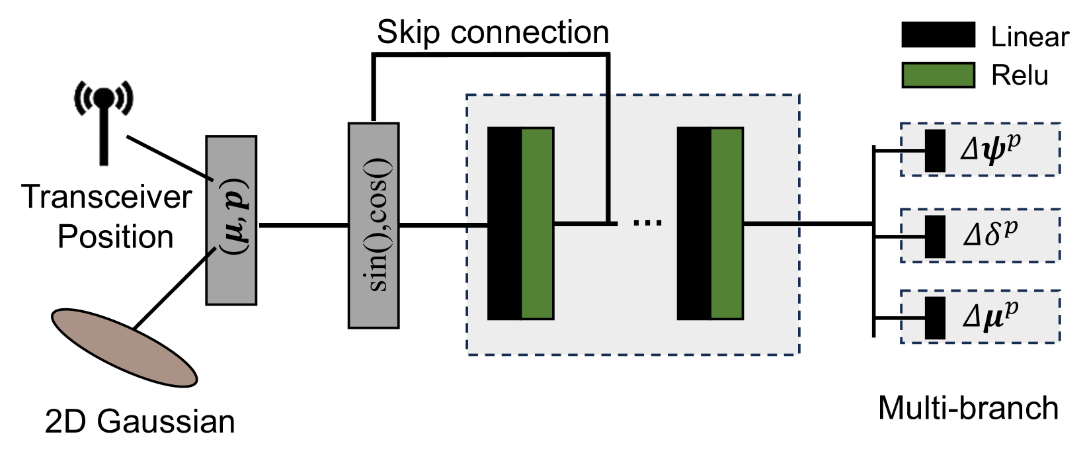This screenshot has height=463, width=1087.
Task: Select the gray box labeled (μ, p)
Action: pyautogui.click(x=231, y=220)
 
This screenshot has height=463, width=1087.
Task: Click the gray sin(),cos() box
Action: pyautogui.click(x=374, y=225)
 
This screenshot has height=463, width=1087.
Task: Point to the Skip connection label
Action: pyautogui.click(x=493, y=32)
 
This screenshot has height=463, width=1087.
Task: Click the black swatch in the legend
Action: pyautogui.click(x=938, y=34)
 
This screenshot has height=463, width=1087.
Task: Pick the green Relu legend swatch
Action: pyautogui.click(x=938, y=75)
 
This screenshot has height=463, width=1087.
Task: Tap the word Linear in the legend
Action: pyautogui.click(x=1029, y=37)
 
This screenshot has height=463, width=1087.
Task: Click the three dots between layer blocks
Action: pyautogui.click(x=647, y=222)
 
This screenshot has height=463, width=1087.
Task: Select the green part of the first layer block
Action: pyautogui.click(x=538, y=224)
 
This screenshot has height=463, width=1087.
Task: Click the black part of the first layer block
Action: pyautogui.click(x=504, y=224)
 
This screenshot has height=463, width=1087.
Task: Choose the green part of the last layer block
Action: pyautogui.click(x=727, y=224)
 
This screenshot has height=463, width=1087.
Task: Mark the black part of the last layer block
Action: pyautogui.click(x=694, y=224)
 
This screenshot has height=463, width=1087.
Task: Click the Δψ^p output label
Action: pyautogui.click(x=990, y=149)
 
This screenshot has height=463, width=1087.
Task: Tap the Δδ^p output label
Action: pyautogui.click(x=990, y=235)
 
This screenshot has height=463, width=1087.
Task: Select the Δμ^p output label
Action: pyautogui.click(x=990, y=316)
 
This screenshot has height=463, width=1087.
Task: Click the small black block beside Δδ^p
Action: pyautogui.click(x=935, y=236)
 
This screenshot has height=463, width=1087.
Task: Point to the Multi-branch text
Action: pyautogui.click(x=968, y=408)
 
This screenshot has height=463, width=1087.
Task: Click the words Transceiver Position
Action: pyautogui.click(x=107, y=217)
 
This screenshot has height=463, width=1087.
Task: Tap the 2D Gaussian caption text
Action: pyautogui.click(x=140, y=421)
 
